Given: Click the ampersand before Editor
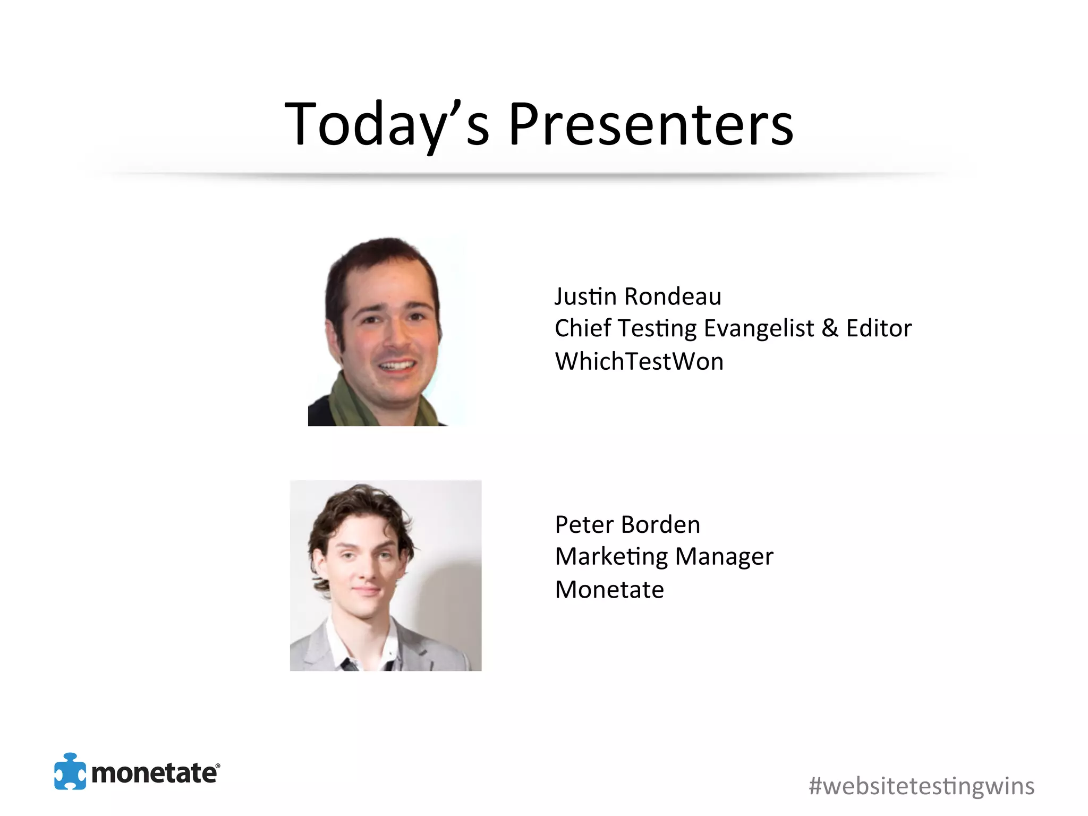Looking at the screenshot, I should [830, 328].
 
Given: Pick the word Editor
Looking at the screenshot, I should [879, 328].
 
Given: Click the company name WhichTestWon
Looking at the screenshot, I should [639, 362].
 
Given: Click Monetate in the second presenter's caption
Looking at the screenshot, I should [609, 590].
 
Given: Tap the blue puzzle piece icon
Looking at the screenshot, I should [70, 771].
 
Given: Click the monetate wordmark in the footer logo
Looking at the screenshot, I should [155, 773].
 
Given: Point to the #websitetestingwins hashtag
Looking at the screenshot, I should [921, 786].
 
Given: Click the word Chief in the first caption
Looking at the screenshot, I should [582, 328].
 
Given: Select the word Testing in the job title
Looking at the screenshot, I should [657, 328].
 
